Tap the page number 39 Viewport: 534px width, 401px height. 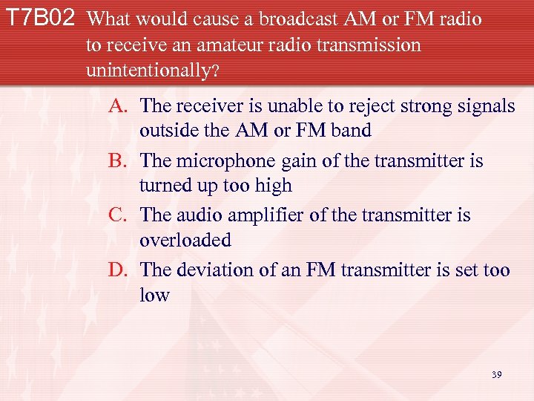[496, 375]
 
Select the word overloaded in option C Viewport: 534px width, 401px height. [185, 241]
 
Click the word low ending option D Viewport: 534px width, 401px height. [154, 295]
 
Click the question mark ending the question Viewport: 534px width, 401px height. [215, 73]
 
